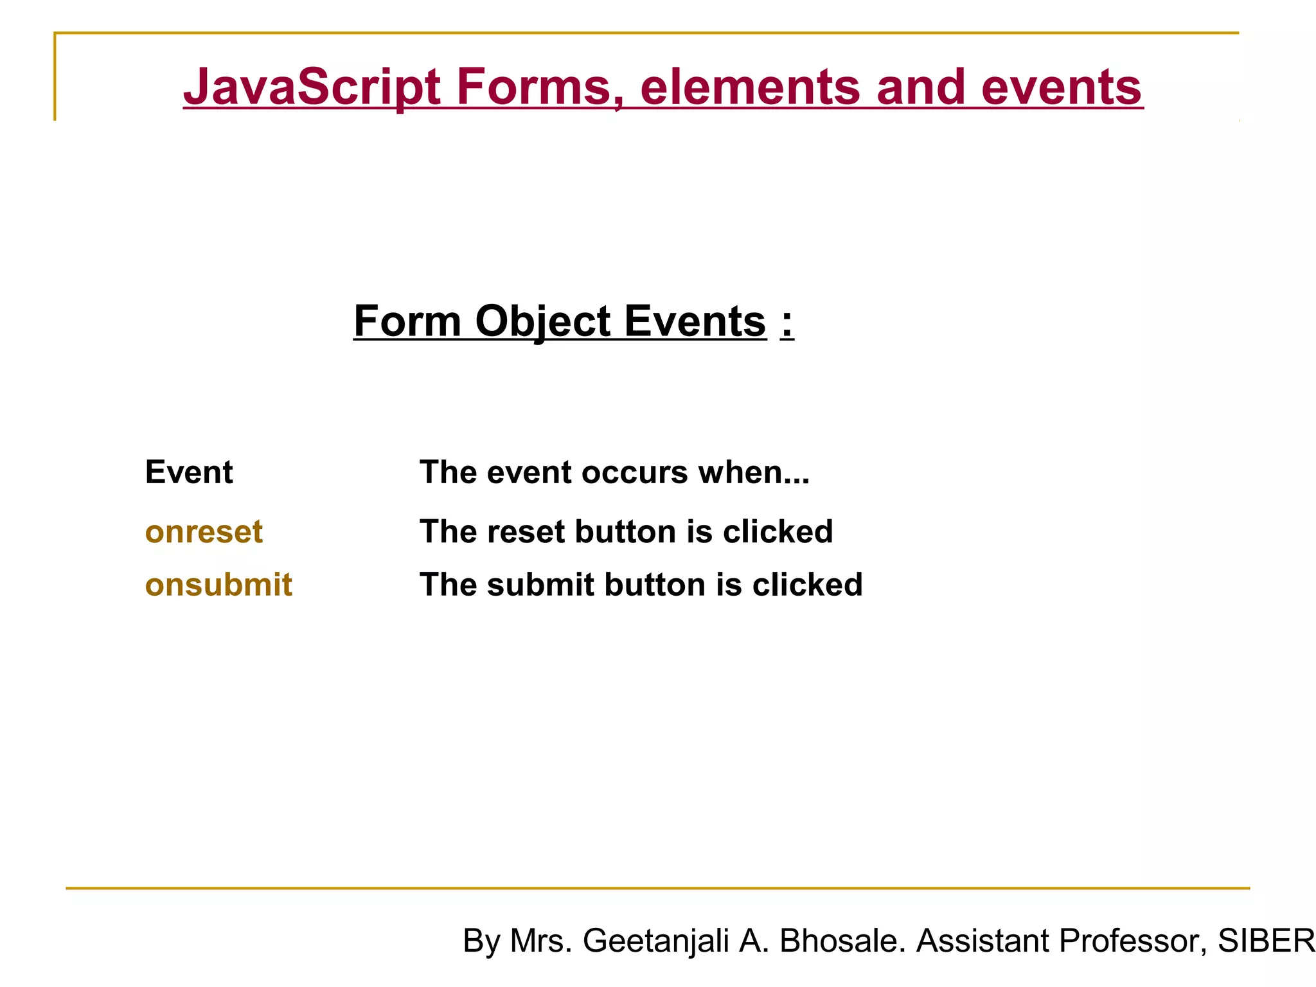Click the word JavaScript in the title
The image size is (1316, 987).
click(312, 87)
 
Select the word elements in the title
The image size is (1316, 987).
click(750, 87)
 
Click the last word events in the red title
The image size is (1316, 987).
click(1061, 87)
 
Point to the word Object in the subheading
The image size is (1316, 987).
click(542, 321)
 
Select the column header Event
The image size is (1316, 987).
click(189, 472)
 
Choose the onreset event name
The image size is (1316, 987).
click(204, 532)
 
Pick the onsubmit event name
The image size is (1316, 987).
click(218, 585)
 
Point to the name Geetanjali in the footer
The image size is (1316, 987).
click(655, 941)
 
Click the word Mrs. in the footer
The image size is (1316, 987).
click(540, 941)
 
